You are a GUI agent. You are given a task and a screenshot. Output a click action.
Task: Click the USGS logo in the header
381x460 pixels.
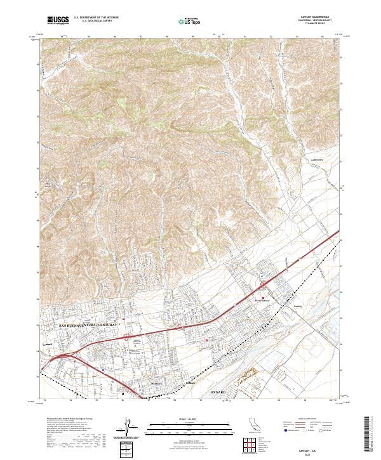pos(58,20)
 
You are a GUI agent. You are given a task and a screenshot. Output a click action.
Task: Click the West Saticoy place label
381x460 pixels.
pos(263,301)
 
